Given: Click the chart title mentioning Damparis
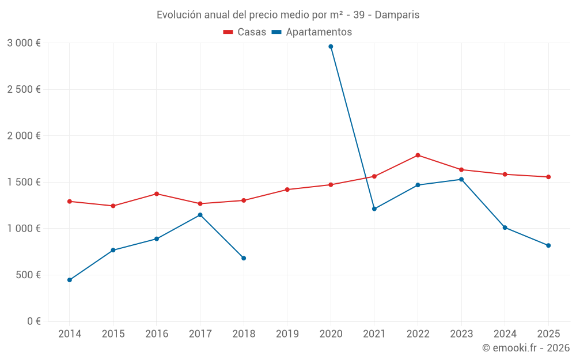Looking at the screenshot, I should pos(288,14).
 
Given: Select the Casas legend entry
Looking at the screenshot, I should pos(245,32).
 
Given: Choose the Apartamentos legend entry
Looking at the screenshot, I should pos(312,32).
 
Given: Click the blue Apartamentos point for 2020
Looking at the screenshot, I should pos(331,47).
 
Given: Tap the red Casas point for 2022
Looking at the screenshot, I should pos(418,155).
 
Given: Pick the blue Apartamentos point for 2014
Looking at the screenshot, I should pos(69,280).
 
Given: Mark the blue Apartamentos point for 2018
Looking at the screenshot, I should pos(244,258).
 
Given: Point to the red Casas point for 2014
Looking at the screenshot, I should pos(69,201).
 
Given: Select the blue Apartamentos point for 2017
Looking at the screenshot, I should pos(200,215).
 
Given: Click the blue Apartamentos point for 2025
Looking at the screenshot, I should pos(548,245).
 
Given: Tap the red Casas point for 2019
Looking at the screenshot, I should pos(287,190).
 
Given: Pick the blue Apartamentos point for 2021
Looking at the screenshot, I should pos(374,209).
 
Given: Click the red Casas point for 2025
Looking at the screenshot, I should pos(548,177).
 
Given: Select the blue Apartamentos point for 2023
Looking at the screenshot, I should pos(461,179).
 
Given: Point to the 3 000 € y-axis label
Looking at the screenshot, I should pos(24,43).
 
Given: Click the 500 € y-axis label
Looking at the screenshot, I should pos(28,275).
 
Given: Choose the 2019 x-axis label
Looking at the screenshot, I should pos(287,334).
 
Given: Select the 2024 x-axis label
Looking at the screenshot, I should pos(505,334).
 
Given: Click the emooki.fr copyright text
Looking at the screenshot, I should pos(526,348).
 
